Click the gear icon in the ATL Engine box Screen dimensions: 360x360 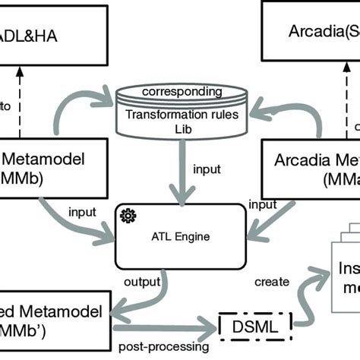pyautogui.click(x=126, y=216)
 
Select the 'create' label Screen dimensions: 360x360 pyautogui.click(x=272, y=282)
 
